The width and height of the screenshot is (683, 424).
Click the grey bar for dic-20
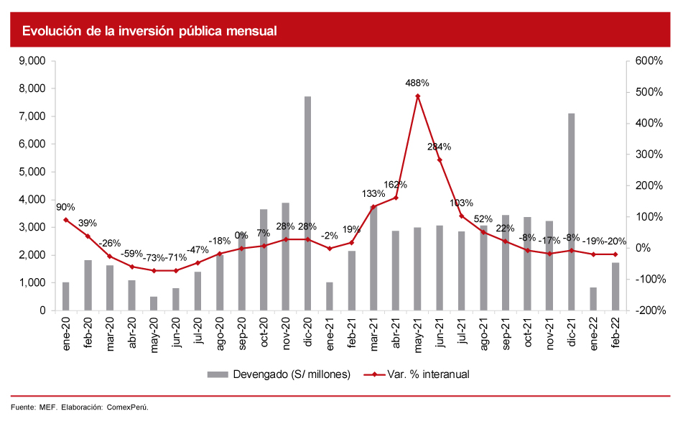(307, 203)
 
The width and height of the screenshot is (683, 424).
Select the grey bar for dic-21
(572, 212)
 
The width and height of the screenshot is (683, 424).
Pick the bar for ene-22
(593, 299)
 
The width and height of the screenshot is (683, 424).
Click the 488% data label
(417, 83)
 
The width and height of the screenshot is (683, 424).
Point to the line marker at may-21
(417, 96)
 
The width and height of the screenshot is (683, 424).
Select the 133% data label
(373, 193)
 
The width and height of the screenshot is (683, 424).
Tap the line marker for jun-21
(440, 160)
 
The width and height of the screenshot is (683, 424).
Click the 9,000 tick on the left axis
(32, 61)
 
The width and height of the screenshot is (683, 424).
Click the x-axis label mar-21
(373, 334)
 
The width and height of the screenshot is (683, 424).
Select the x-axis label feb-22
(615, 333)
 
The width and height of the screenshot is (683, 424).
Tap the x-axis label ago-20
(220, 334)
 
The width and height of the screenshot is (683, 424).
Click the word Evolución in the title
(49, 31)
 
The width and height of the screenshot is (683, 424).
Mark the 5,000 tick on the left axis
(32, 172)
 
